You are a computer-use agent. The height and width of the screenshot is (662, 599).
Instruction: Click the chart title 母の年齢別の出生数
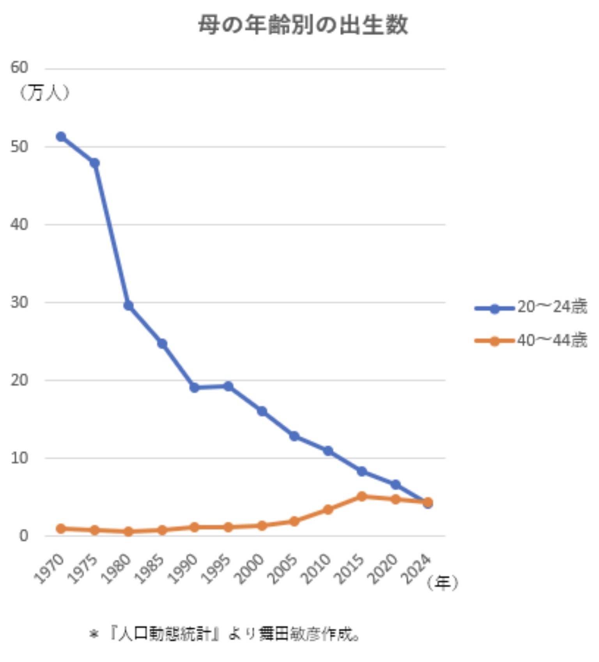click(303, 25)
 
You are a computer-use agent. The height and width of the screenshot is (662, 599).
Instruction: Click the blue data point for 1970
click(61, 137)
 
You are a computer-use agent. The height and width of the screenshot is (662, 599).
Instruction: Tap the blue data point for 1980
click(128, 305)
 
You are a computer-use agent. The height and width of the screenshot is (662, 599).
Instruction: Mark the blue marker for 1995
click(229, 386)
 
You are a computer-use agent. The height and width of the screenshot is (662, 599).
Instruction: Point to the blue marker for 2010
click(328, 451)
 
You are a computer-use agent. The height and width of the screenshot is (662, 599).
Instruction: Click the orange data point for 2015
click(362, 496)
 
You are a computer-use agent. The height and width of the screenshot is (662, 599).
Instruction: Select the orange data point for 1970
click(61, 529)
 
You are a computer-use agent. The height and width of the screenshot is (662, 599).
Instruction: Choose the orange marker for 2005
click(295, 521)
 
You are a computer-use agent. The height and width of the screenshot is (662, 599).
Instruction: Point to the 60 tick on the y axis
click(19, 68)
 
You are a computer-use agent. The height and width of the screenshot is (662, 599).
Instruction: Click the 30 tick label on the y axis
click(19, 302)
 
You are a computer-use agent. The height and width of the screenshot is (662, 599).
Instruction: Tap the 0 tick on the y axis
click(23, 536)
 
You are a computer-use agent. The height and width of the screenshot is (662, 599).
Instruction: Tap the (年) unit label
click(442, 583)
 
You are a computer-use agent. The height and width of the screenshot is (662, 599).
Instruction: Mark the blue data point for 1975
click(95, 163)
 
